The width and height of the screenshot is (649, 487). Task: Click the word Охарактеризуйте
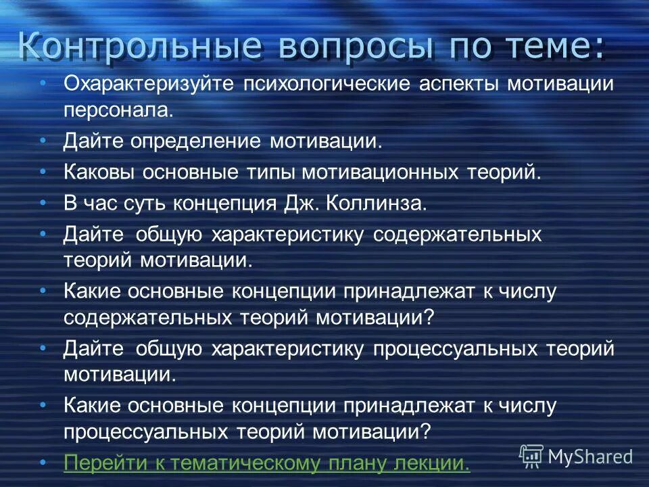pyautogui.click(x=148, y=85)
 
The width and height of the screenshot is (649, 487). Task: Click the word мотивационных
pyautogui.click(x=379, y=172)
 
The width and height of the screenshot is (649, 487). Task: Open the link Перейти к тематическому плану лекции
pyautogui.click(x=266, y=463)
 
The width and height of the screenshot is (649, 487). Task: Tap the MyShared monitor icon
pyautogui.click(x=531, y=456)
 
